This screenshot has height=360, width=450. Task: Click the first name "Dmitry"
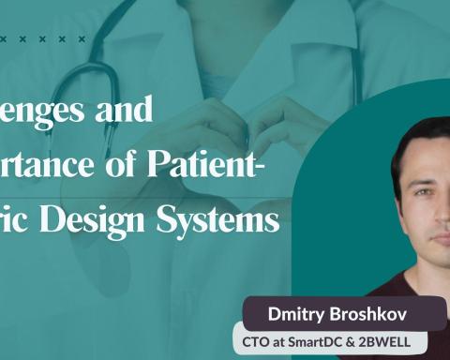[x=285, y=311]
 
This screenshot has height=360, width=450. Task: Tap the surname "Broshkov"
[x=360, y=311]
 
